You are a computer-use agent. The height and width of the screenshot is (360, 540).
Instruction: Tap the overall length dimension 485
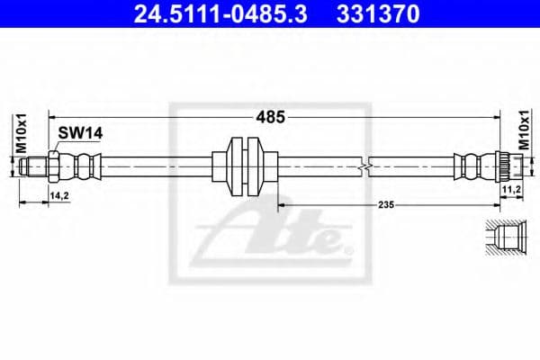coord(271,116)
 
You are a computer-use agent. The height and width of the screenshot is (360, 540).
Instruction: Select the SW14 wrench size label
coord(81,132)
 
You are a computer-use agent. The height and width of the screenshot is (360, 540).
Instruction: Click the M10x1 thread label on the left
coord(22,134)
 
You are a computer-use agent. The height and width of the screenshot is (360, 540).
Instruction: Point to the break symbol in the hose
coord(363,167)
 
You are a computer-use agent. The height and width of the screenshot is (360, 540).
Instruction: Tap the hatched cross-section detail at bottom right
coord(504,239)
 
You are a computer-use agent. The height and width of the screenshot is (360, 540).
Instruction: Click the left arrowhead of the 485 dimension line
coord(52,116)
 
